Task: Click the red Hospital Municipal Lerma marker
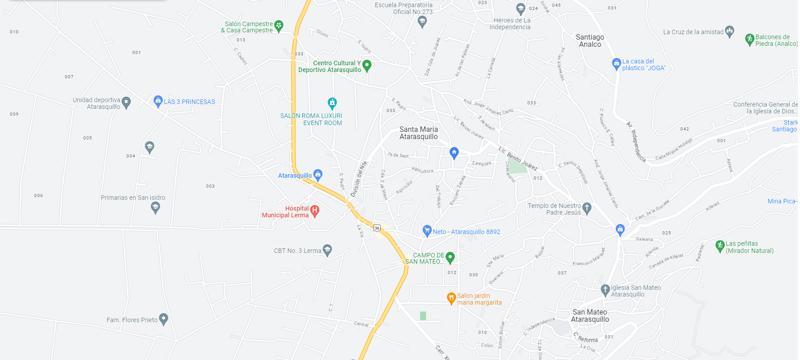315,210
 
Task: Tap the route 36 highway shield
377,228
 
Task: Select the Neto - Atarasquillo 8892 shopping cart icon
427,231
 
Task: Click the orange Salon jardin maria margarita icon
451,298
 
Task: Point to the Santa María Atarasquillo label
418,133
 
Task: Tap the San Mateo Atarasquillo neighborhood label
590,315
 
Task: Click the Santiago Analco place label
590,40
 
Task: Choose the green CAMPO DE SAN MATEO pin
450,257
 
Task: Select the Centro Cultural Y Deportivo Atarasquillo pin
367,65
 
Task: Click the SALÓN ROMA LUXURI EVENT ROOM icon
332,103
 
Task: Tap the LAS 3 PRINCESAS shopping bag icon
158,101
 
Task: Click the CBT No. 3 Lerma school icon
328,250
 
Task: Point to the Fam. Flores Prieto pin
163,319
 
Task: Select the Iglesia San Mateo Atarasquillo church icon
605,289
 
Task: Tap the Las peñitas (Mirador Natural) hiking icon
720,246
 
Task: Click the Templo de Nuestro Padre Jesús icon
587,207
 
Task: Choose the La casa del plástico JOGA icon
616,63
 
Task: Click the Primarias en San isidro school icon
155,207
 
